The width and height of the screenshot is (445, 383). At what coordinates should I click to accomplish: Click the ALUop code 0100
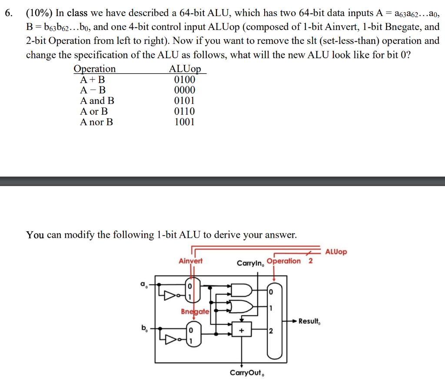coord(184,80)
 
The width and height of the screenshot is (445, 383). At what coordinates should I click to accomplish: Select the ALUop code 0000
coord(184,90)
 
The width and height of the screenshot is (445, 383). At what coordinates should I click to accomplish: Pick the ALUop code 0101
coord(184,101)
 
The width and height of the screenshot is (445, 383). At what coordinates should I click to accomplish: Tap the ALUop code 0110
coord(184,111)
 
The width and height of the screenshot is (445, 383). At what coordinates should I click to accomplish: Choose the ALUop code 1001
coord(184,122)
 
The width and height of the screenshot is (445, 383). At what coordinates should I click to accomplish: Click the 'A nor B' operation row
coord(96,122)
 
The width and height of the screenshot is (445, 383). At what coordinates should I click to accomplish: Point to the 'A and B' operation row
coord(97,101)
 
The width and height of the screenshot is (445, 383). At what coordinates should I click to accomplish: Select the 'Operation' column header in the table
coord(95,69)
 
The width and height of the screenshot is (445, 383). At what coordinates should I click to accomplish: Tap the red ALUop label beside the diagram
coord(336,252)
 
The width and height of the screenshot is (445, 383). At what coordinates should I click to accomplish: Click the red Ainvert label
coord(190,261)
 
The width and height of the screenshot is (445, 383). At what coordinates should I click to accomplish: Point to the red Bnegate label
coord(195,311)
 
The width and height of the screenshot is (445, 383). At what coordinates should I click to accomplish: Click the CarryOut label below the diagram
coord(247,373)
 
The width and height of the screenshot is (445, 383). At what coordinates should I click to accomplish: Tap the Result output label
coord(310,322)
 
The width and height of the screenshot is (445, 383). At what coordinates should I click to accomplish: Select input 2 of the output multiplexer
coord(271,332)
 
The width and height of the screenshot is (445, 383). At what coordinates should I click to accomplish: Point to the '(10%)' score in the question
coord(39,13)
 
